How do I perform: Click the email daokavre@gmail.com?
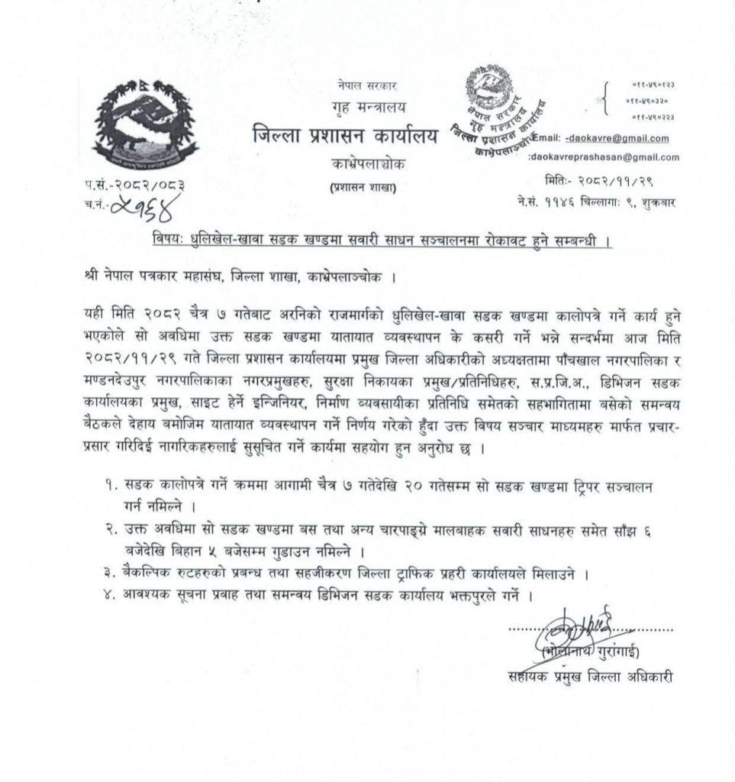pos(618,138)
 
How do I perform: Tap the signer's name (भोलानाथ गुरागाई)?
pos(588,654)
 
